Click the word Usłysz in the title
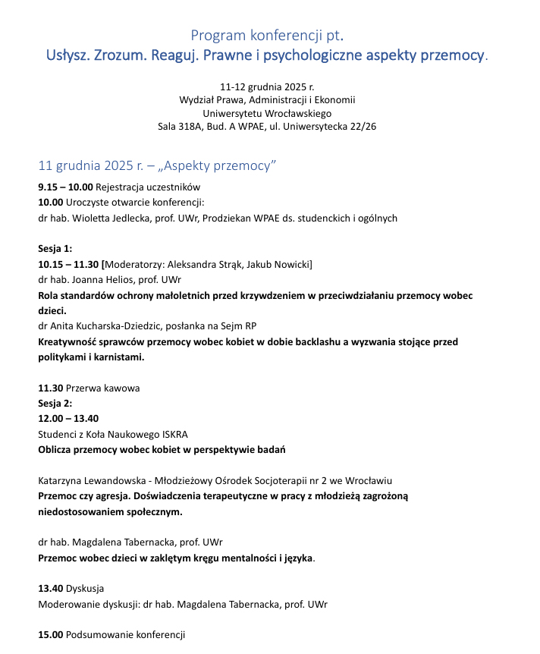67,56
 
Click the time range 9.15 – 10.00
65,187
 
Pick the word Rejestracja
121,187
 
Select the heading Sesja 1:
55,249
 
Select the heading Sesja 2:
55,404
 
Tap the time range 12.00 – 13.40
69,419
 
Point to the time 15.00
50,635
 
